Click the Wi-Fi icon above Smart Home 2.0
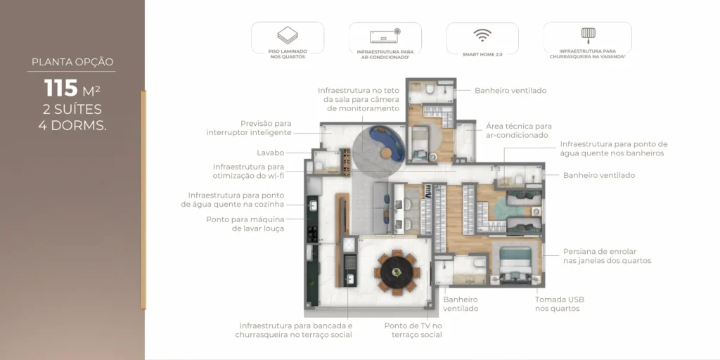[x=482, y=35]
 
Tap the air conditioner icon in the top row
[x=385, y=36]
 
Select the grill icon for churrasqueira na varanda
[x=587, y=34]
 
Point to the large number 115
[x=61, y=89]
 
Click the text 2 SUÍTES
[x=72, y=109]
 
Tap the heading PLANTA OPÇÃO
[x=72, y=62]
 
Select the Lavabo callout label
[x=270, y=153]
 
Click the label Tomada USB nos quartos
[x=559, y=304]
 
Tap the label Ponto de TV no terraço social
[x=413, y=330]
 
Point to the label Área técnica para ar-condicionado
[x=518, y=130]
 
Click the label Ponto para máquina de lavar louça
[x=245, y=224]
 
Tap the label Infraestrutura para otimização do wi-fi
[x=248, y=171]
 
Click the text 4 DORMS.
[x=72, y=126]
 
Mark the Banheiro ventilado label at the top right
[x=510, y=91]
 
